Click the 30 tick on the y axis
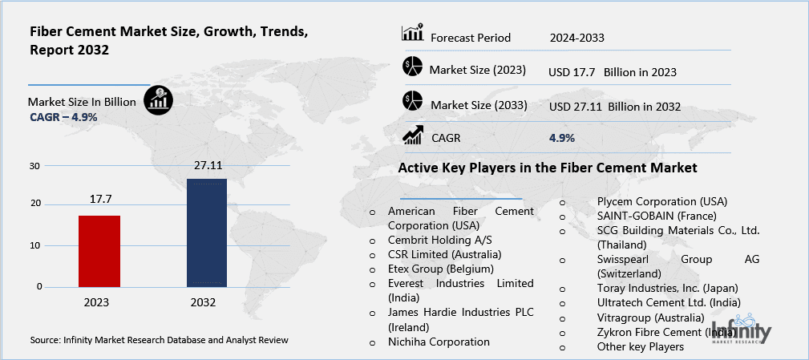pos(34,166)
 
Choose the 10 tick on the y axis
pos(34,245)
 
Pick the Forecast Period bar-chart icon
pos(412,35)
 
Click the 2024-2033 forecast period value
pos(576,38)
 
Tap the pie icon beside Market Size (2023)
pos(412,68)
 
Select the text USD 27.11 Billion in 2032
pos(614,107)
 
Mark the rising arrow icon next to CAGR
pos(412,136)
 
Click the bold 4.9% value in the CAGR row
pos(561,138)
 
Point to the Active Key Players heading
pos(548,168)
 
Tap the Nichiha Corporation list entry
pos(438,342)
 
